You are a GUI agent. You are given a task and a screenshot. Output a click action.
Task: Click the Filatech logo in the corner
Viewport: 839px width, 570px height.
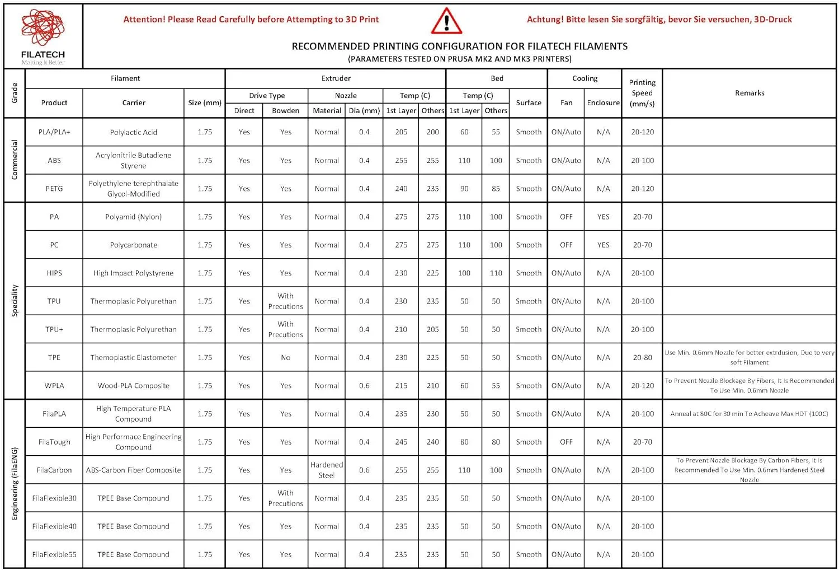point(43,36)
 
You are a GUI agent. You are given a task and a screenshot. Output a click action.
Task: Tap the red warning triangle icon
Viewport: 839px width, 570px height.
point(446,21)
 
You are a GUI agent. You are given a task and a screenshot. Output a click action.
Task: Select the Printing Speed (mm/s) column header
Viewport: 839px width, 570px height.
point(642,93)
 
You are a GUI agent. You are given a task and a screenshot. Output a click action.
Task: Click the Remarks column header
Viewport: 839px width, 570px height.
point(750,93)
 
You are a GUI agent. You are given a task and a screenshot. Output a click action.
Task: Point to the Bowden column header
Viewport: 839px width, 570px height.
point(285,111)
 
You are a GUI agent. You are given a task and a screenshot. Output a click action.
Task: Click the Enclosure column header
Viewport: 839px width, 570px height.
point(603,102)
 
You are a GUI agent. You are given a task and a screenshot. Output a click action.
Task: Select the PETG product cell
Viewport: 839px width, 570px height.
point(54,189)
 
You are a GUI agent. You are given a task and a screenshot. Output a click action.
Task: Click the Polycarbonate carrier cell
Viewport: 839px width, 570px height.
point(133,245)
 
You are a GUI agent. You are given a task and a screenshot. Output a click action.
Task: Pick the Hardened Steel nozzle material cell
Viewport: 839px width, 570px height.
point(327,470)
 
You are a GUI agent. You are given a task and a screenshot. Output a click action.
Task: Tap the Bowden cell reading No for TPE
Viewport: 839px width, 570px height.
point(285,358)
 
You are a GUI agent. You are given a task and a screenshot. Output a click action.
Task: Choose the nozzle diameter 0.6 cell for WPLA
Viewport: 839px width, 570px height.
point(364,386)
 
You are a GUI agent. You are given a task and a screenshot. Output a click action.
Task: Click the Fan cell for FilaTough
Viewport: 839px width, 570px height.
point(566,442)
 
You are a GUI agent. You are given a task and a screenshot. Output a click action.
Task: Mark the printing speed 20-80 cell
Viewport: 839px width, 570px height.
point(642,358)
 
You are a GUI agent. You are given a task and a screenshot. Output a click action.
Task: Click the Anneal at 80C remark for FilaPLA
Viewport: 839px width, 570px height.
point(749,414)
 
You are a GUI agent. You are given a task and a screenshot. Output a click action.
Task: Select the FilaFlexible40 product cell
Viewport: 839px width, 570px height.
point(54,526)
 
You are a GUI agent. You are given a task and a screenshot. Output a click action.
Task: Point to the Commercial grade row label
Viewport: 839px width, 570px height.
point(15,160)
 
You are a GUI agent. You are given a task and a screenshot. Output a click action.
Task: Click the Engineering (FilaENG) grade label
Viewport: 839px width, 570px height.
point(15,484)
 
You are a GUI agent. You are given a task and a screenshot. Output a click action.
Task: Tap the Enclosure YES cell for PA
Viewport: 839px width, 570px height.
point(603,217)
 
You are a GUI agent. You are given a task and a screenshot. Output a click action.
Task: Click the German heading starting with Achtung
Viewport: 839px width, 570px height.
point(659,20)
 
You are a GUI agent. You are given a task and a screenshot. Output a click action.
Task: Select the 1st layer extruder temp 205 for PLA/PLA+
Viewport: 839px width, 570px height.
point(401,132)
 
